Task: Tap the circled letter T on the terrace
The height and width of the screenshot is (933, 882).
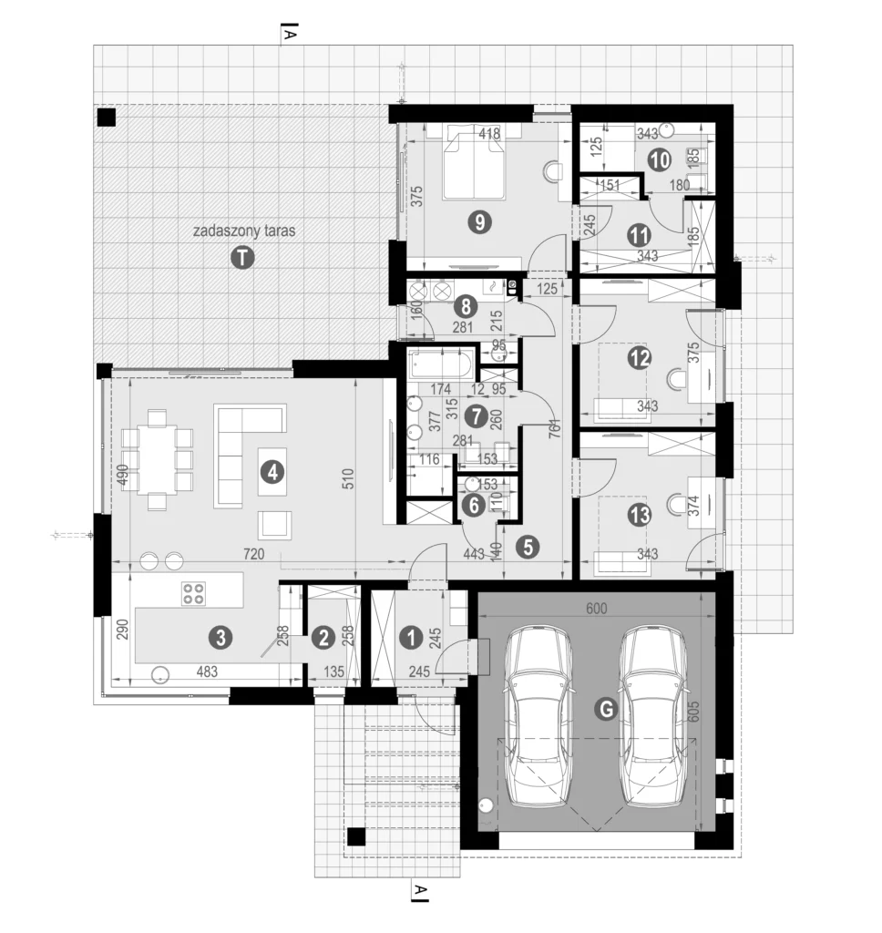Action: coord(241,258)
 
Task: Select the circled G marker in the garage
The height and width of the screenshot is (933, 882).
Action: coord(604,709)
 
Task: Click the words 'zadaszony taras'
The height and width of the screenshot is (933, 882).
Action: coord(243,231)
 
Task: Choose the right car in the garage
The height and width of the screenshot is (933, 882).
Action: coord(653,715)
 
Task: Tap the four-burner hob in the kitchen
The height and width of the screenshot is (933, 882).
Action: coord(193,593)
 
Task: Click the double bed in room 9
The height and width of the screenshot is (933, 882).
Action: coord(474,164)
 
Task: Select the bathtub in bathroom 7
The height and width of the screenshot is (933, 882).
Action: coord(440,366)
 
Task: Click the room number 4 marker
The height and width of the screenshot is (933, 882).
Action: coord(271,471)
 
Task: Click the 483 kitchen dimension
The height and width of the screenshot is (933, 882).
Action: coord(209,672)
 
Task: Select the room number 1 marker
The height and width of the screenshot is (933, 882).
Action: coord(412,638)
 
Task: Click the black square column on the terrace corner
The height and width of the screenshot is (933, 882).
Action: coord(107,117)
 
